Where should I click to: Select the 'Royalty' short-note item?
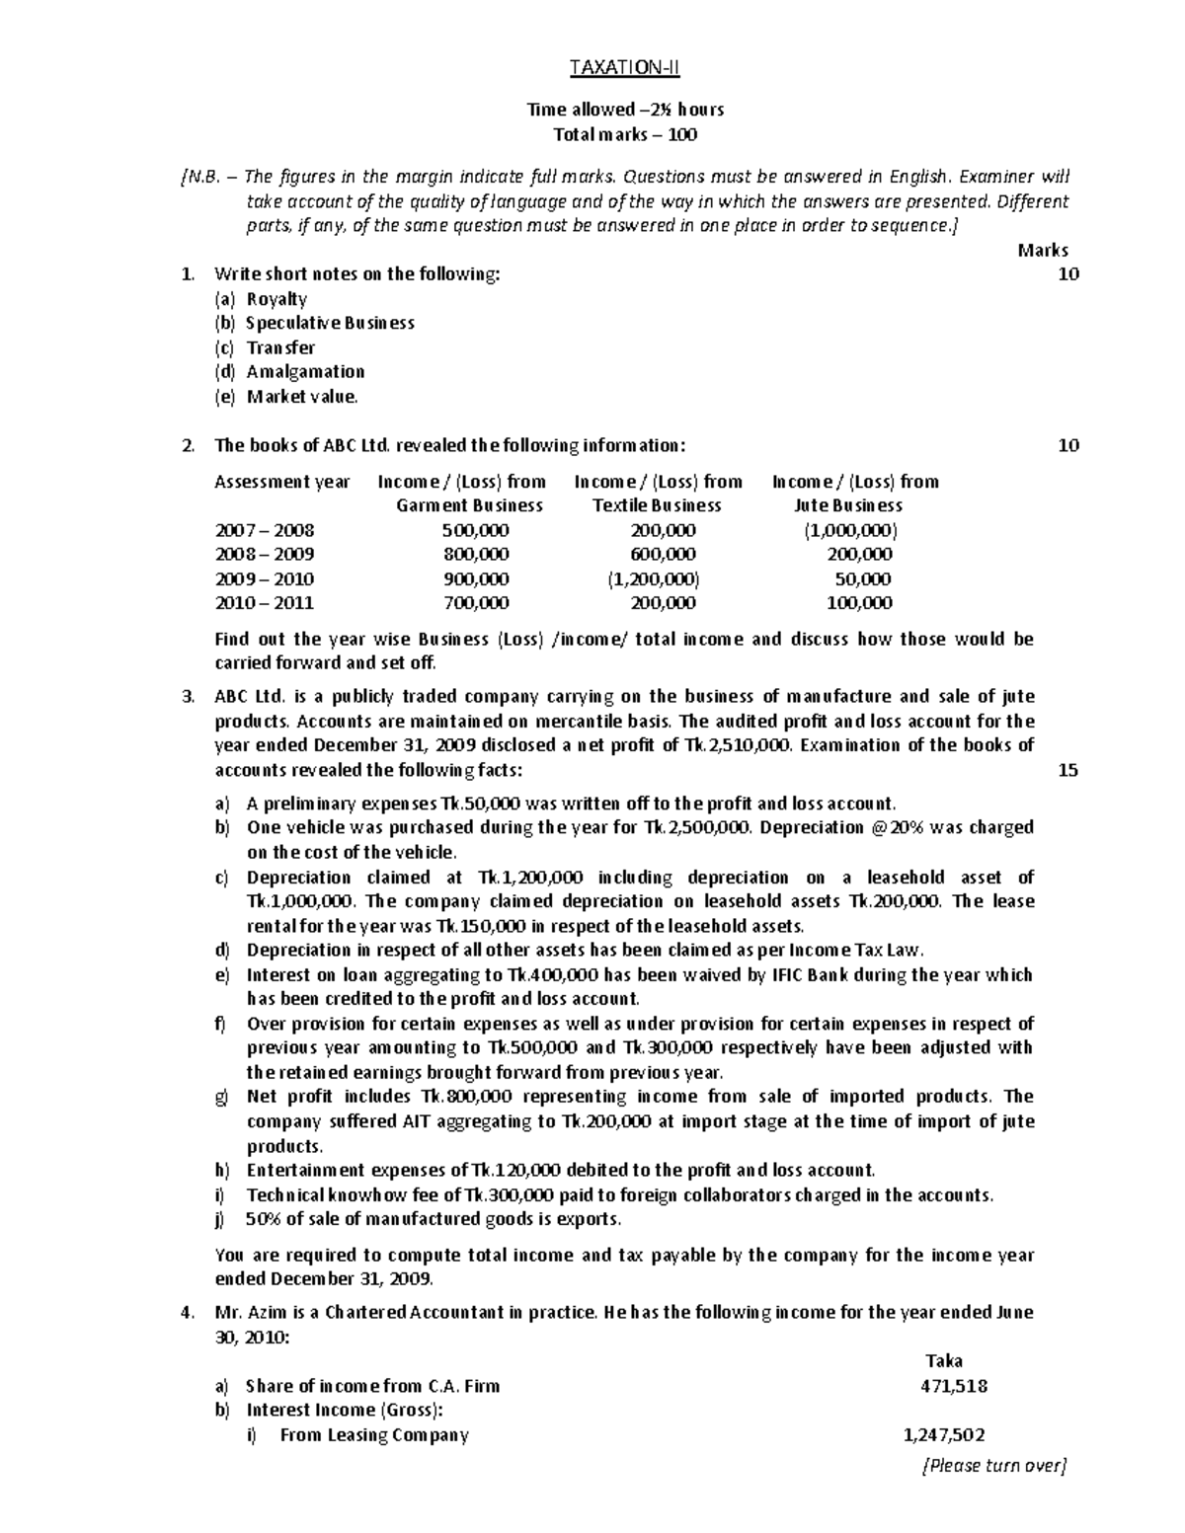[276, 299]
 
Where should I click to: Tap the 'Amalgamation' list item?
[305, 372]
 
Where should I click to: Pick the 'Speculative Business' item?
[330, 324]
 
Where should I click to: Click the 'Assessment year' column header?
[282, 482]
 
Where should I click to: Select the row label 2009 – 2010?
[264, 579]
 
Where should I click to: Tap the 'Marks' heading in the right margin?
[1042, 251]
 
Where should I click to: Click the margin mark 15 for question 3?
[1067, 770]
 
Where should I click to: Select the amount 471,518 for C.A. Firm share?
[953, 1386]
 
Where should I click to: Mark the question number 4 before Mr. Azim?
[188, 1313]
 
